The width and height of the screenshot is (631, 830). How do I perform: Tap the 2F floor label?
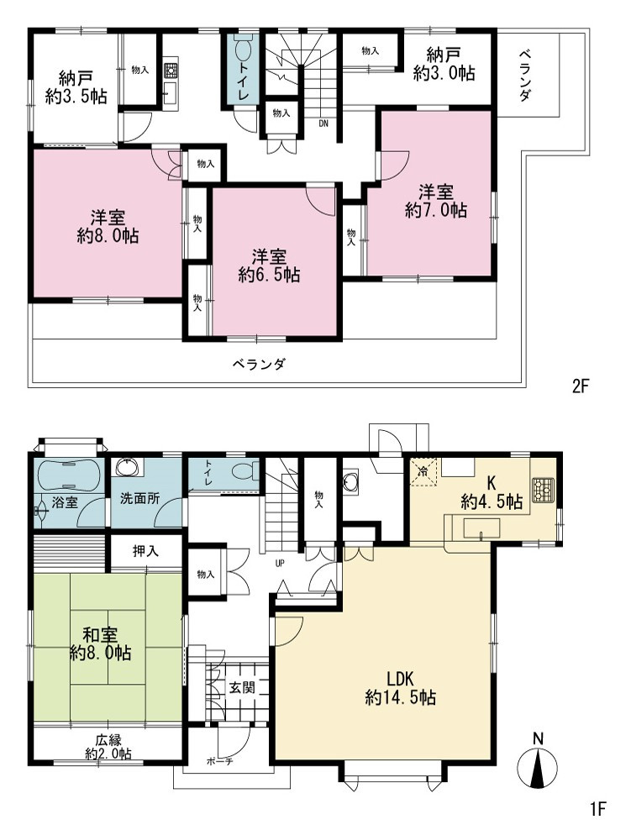581,386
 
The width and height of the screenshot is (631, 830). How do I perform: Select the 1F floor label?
597,809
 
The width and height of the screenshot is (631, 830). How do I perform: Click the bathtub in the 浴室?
67,475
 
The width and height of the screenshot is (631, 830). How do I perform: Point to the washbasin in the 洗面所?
128,468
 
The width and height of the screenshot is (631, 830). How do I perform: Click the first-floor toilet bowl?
247,470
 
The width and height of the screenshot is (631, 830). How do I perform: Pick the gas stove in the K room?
542,487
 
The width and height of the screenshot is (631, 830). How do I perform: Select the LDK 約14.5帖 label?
400,688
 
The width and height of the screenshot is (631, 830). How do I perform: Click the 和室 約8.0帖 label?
101,643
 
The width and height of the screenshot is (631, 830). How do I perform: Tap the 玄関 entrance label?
242,687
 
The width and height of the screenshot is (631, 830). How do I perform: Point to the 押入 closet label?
145,551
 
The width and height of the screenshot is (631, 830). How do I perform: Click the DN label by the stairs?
323,123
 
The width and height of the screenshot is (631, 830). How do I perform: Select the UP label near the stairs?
280,563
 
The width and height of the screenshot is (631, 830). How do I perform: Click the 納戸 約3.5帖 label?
76,88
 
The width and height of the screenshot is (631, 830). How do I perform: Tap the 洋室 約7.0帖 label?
436,201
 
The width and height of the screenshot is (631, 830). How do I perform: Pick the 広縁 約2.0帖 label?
108,746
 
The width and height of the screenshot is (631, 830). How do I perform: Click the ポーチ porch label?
219,762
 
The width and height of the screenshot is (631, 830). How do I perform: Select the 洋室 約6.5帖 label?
270,265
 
